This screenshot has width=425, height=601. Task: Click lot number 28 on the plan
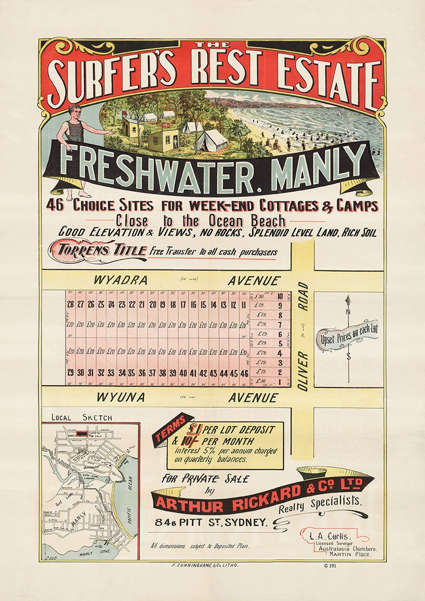pos(70,305)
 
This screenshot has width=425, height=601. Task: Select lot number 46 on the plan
pos(244,373)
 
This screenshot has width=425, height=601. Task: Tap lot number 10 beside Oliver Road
pos(280,296)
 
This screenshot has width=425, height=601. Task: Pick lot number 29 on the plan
pos(70,373)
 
